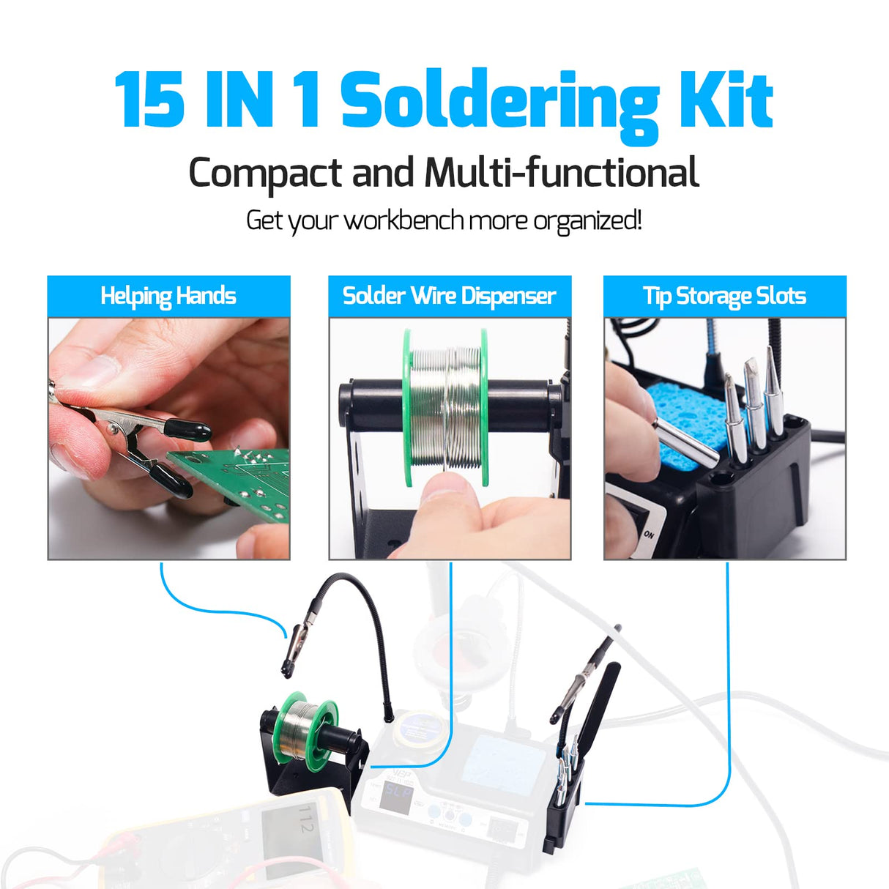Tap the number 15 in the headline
tap(149, 101)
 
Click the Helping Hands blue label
tap(168, 296)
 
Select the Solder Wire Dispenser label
tap(449, 296)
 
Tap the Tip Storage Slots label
tap(724, 296)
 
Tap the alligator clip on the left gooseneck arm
tap(296, 645)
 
